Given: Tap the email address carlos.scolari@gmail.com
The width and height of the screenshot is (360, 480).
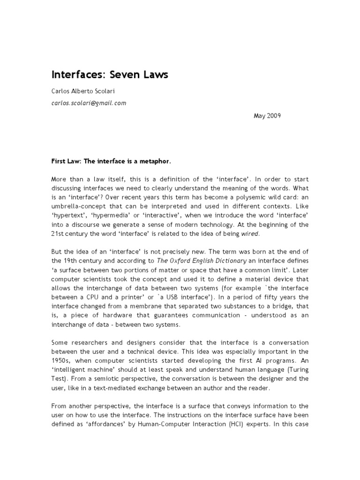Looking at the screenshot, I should tap(89, 103).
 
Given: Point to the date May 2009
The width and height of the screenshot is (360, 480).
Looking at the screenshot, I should tap(267, 116).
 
